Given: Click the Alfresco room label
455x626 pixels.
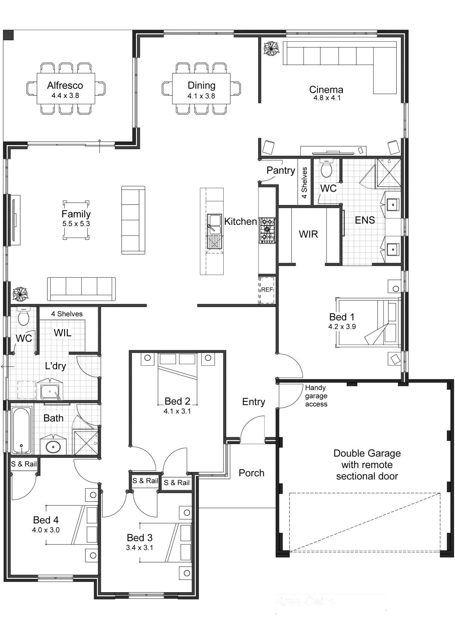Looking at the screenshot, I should coord(65,85).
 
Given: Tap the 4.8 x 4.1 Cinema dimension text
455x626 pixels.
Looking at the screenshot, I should coord(327,98).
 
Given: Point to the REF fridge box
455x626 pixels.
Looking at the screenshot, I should coord(267,290).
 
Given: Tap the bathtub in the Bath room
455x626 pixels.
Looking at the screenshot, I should coord(21,430).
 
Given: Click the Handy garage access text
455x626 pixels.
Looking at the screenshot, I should coord(316,396).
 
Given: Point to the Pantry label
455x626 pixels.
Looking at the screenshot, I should coord(281,171).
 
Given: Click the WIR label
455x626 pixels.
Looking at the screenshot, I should coord(308,234).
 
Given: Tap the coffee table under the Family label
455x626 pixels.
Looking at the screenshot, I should coord(76,220).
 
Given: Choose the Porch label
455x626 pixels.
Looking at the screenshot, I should coord(252,473).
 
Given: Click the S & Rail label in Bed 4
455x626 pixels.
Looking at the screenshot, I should coord(24,464).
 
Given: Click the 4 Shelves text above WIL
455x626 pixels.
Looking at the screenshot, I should coord(67,314).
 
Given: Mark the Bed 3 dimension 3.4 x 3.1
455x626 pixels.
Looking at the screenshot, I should coord(140,548).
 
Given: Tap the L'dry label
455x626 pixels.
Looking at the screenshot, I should coord(55,366).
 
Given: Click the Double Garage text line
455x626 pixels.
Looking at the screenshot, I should coord(367,453).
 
